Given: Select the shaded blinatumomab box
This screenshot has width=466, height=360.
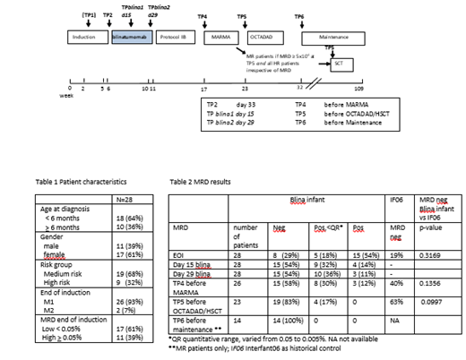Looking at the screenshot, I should (x=131, y=39).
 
